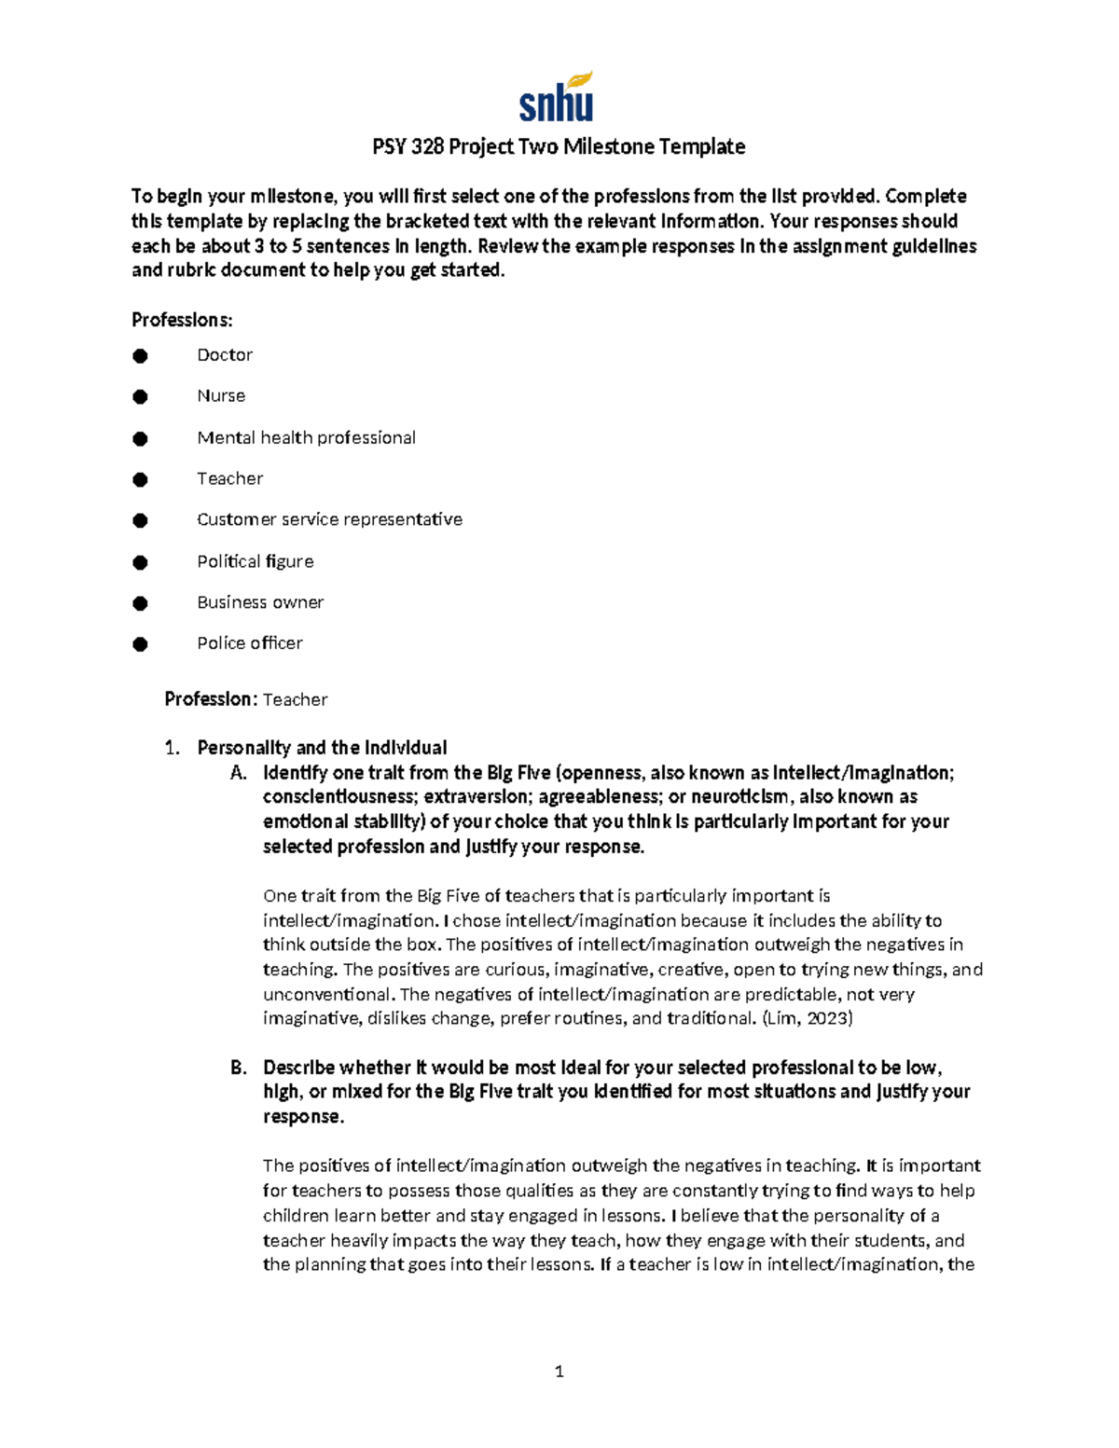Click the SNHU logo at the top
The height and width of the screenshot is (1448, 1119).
557,98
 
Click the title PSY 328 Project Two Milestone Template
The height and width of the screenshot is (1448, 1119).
559,146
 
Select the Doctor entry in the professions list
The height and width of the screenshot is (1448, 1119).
225,355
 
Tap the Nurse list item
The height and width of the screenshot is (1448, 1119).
221,396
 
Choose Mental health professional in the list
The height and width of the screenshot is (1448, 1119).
306,438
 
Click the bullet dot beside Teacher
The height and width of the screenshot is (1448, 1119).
140,480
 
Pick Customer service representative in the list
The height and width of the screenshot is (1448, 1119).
329,519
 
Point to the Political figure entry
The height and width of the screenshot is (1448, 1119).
255,561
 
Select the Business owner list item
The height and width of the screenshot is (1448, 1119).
260,602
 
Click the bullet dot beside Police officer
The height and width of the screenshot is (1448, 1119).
140,644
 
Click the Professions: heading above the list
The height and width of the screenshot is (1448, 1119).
182,321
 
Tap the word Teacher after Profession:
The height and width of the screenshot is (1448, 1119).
295,699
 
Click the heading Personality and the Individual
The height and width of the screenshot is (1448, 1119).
322,748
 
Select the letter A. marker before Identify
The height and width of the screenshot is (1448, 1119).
238,773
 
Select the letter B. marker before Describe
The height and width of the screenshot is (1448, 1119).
238,1068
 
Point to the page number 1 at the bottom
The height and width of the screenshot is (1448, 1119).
559,1372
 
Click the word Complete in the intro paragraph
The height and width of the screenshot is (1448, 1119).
925,197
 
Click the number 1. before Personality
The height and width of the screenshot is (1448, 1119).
171,748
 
